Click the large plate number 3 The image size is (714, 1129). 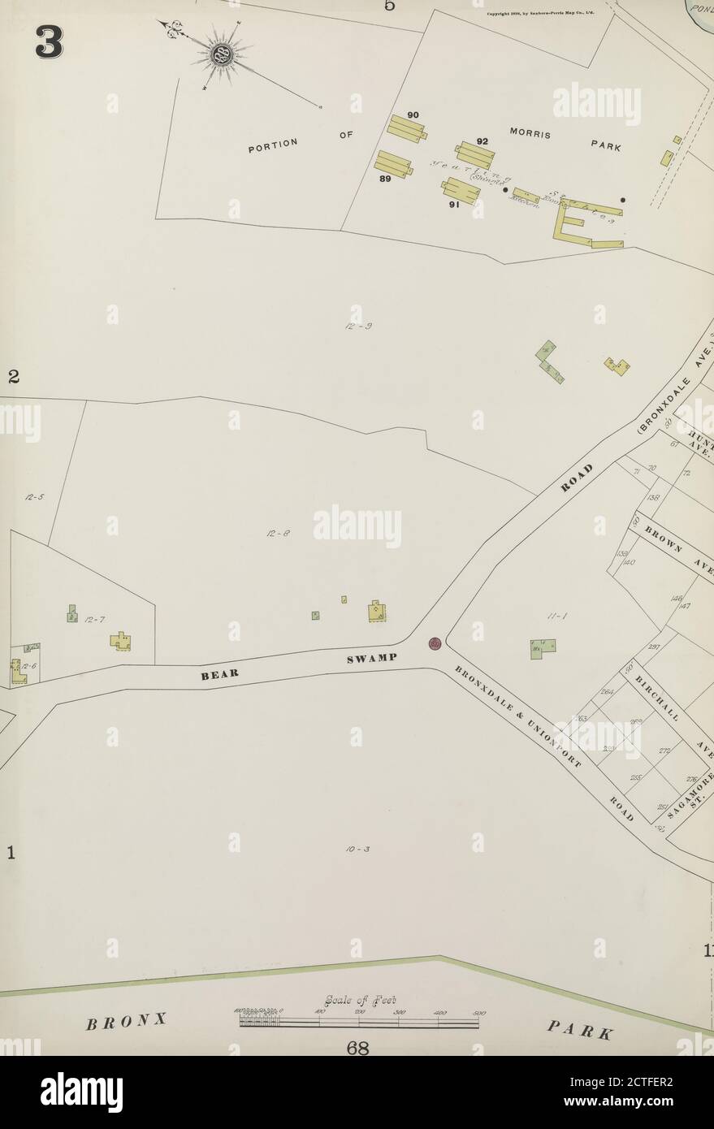pyautogui.click(x=49, y=42)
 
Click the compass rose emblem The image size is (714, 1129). pyautogui.click(x=220, y=54)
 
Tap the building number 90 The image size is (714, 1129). pyautogui.click(x=413, y=115)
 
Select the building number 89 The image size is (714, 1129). pyautogui.click(x=385, y=180)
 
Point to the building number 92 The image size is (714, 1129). pyautogui.click(x=482, y=141)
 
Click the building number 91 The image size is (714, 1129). pyautogui.click(x=454, y=205)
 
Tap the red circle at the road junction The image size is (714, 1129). pyautogui.click(x=435, y=644)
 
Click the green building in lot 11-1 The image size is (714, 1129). pyautogui.click(x=543, y=648)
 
